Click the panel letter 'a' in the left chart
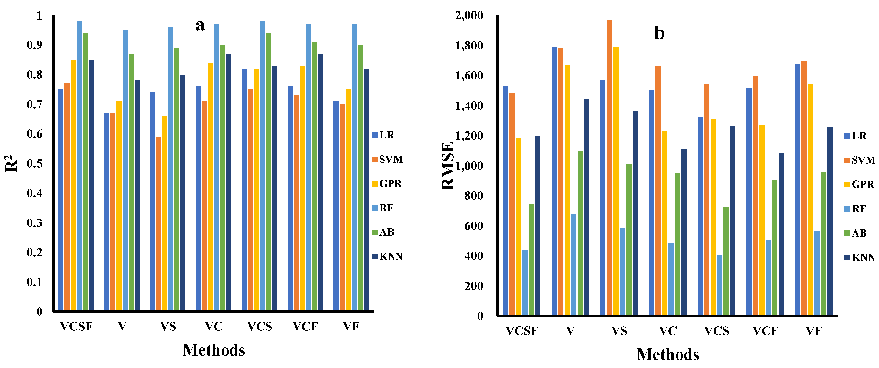click(200, 26)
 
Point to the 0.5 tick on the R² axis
click(35, 163)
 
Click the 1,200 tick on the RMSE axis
click(469, 136)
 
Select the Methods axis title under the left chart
click(214, 350)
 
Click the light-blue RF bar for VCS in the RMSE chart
click(720, 285)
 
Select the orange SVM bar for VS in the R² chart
click(159, 224)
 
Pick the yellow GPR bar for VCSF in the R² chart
click(73, 185)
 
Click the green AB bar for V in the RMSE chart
click(580, 233)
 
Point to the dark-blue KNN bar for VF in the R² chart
click(366, 190)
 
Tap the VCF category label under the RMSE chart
click(765, 331)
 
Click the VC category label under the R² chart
click(214, 327)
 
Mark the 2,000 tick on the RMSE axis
click(469, 16)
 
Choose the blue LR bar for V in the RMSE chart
click(554, 181)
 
